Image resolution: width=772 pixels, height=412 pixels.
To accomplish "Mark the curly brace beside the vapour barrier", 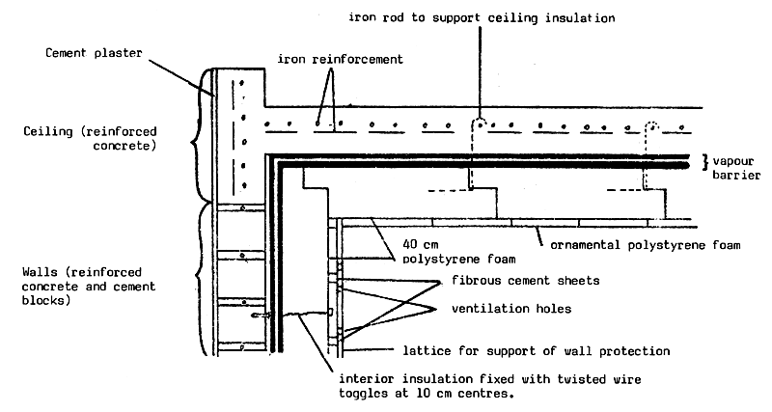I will click(705, 160).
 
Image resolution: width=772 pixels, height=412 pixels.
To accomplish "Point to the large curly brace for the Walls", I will click(202, 280).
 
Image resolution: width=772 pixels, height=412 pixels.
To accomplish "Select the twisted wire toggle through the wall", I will click(280, 315).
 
